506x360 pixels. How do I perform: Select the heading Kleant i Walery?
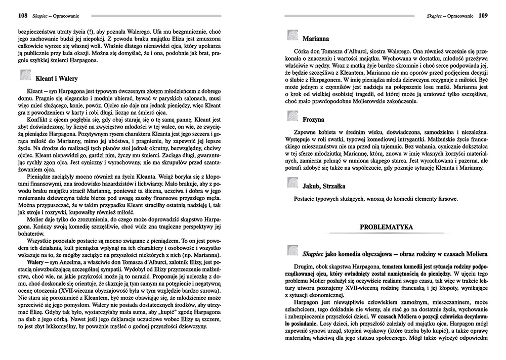(56, 79)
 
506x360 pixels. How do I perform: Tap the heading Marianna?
(317, 38)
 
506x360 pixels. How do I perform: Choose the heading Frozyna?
(315, 121)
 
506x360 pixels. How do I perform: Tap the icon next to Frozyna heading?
(293, 120)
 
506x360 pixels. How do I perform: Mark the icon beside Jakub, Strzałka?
(293, 183)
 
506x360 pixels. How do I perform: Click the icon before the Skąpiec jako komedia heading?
(293, 251)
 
